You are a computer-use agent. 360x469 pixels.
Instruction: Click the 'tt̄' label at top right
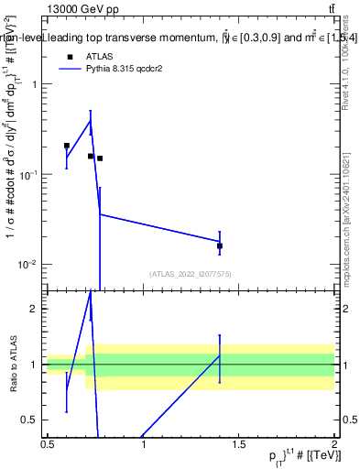click(329, 9)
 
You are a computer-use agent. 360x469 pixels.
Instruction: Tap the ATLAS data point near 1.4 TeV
click(220, 245)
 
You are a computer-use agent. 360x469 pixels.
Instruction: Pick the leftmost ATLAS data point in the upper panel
click(67, 146)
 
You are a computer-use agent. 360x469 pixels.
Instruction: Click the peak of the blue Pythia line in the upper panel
click(90, 120)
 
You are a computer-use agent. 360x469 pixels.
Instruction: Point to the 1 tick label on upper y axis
click(35, 84)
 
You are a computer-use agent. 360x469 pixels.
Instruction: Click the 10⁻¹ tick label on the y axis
click(29, 174)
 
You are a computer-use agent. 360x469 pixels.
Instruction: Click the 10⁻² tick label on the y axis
click(29, 265)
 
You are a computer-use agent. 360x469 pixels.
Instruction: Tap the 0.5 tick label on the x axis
click(48, 444)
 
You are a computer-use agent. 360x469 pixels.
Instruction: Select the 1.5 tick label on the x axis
click(239, 444)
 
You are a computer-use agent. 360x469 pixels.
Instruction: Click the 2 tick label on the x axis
click(334, 444)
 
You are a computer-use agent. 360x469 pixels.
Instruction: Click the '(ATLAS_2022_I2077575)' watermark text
click(191, 274)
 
